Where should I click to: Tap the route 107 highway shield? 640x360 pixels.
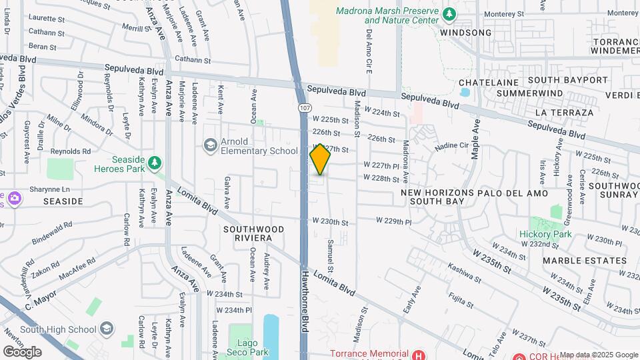pos(304,107)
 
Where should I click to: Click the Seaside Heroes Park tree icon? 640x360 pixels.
pos(155,162)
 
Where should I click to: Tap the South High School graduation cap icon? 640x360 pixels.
pos(107,328)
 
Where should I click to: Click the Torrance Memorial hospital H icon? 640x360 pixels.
pos(418,355)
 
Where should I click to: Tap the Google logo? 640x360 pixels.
pos(22,351)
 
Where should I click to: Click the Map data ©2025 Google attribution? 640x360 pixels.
pos(598,355)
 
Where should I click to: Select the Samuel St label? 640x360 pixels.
pos(330,251)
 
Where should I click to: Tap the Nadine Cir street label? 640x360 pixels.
pos(452,145)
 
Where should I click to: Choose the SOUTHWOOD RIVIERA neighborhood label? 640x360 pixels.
pos(253,233)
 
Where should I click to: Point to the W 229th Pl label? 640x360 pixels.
pos(395,220)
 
